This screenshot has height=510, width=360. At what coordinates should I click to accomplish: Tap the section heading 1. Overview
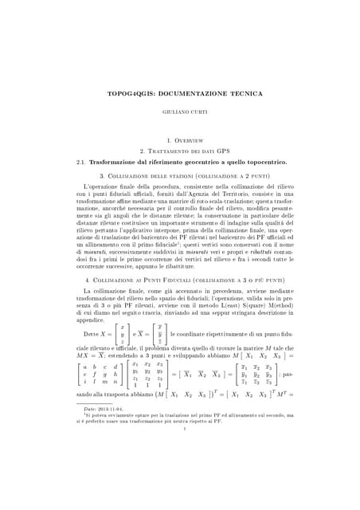[180, 140]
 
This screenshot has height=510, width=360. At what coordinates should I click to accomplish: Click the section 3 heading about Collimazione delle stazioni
[180, 175]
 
